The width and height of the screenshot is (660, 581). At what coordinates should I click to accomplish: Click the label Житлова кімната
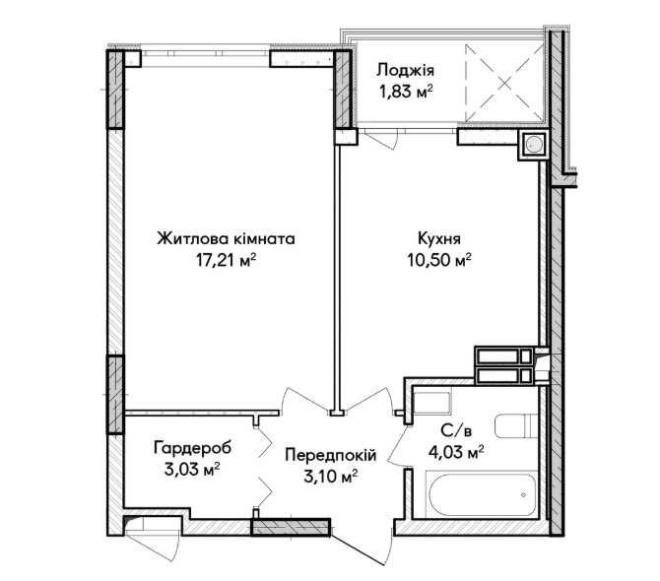226,238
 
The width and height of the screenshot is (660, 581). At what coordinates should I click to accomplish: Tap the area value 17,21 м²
226,261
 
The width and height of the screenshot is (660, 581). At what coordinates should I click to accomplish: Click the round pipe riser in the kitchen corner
535,145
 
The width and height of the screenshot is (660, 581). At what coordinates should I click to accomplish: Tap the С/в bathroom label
455,430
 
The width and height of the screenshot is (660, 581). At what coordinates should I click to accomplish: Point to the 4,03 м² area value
455,452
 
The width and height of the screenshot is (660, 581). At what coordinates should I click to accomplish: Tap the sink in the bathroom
430,401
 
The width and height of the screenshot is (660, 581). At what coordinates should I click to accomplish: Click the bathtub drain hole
522,494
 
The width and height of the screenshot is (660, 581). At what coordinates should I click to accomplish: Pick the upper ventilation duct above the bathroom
505,355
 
